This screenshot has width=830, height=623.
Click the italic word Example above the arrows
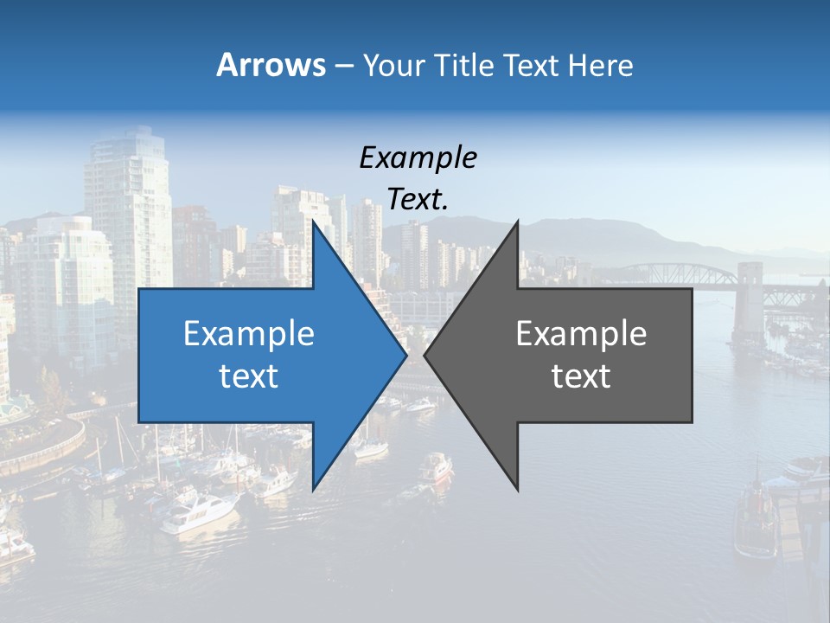418,157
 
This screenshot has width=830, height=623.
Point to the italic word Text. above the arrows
418,199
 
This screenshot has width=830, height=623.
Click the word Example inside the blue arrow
249,333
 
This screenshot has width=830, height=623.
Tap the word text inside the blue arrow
249,376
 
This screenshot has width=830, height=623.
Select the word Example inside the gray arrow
581,333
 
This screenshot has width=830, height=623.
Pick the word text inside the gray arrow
581,376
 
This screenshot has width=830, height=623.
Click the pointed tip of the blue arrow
406,356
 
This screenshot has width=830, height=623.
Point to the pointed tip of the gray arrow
425,356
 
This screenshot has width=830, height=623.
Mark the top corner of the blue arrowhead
312,222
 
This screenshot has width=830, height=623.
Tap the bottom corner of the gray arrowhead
518,490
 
